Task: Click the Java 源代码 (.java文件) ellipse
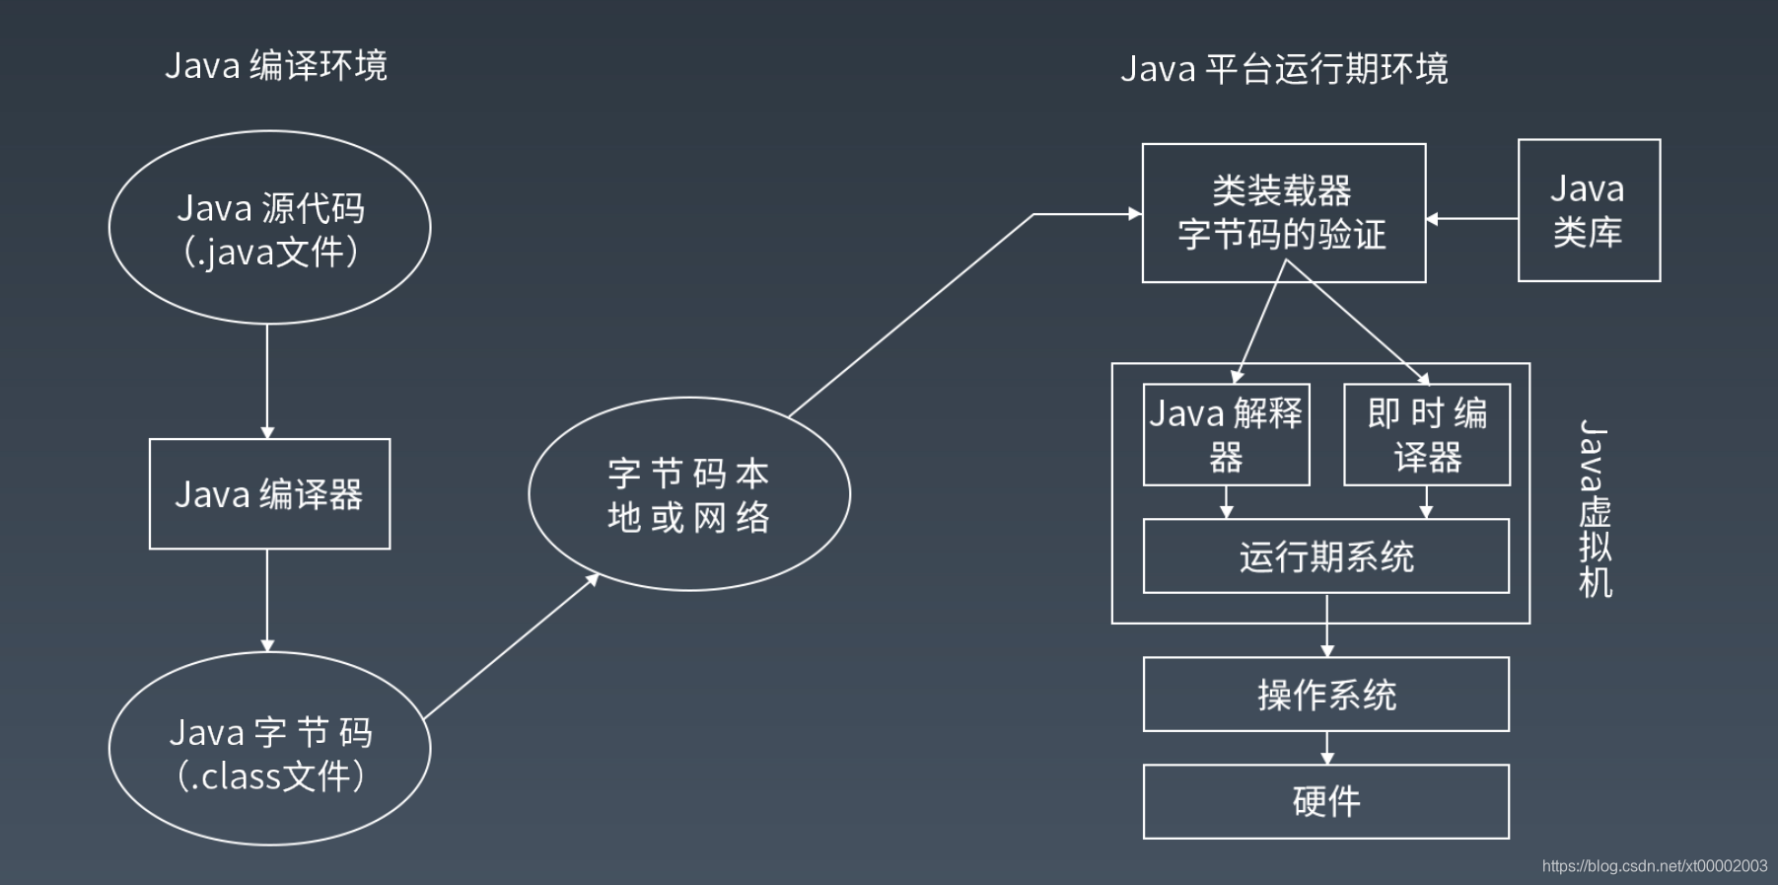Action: pos(269,228)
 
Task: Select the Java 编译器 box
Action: pos(269,493)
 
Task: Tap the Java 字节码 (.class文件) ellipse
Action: pos(269,749)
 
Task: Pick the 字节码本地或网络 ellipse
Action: pos(689,494)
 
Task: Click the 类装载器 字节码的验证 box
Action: pos(1283,213)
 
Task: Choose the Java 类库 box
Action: pos(1589,210)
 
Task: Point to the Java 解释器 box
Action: pos(1226,434)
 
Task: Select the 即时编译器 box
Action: pos(1427,434)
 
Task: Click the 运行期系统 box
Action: pos(1325,556)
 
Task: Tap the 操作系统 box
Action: pos(1325,695)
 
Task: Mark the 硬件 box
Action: pos(1325,801)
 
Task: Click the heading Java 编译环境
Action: pos(276,66)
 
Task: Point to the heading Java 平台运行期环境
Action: pos(1284,69)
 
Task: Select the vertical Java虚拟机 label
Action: pos(1595,508)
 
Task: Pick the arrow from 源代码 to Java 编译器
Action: pos(267,381)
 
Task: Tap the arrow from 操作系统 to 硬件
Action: pos(1326,748)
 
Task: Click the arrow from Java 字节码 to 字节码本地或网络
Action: pos(511,646)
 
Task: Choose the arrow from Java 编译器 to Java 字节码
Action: pos(267,600)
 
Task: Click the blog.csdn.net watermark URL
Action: pos(1654,866)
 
